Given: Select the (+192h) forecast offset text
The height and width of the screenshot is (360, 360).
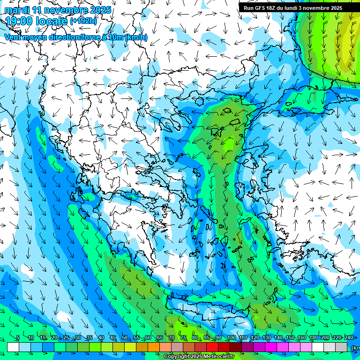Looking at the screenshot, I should coord(84,21).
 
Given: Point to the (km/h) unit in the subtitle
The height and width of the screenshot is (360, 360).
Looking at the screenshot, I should coord(136,37).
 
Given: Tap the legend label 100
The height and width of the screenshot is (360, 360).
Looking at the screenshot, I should coord(231,337).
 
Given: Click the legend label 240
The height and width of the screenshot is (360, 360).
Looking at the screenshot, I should coord(348,337).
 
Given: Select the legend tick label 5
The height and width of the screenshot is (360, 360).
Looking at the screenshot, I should coord(17,337).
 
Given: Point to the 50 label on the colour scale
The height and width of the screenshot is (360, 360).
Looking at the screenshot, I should coord(124,337).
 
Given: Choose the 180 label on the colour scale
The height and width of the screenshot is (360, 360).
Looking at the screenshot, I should coord(313,337).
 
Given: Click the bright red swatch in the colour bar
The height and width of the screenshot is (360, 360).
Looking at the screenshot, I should coord(212,347).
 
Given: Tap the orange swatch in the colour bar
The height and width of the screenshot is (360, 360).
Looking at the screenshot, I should coord(154,347).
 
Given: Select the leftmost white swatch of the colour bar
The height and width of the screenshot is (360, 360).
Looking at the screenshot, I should coord(13,347).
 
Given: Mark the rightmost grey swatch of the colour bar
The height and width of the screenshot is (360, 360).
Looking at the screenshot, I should coord(341,347).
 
